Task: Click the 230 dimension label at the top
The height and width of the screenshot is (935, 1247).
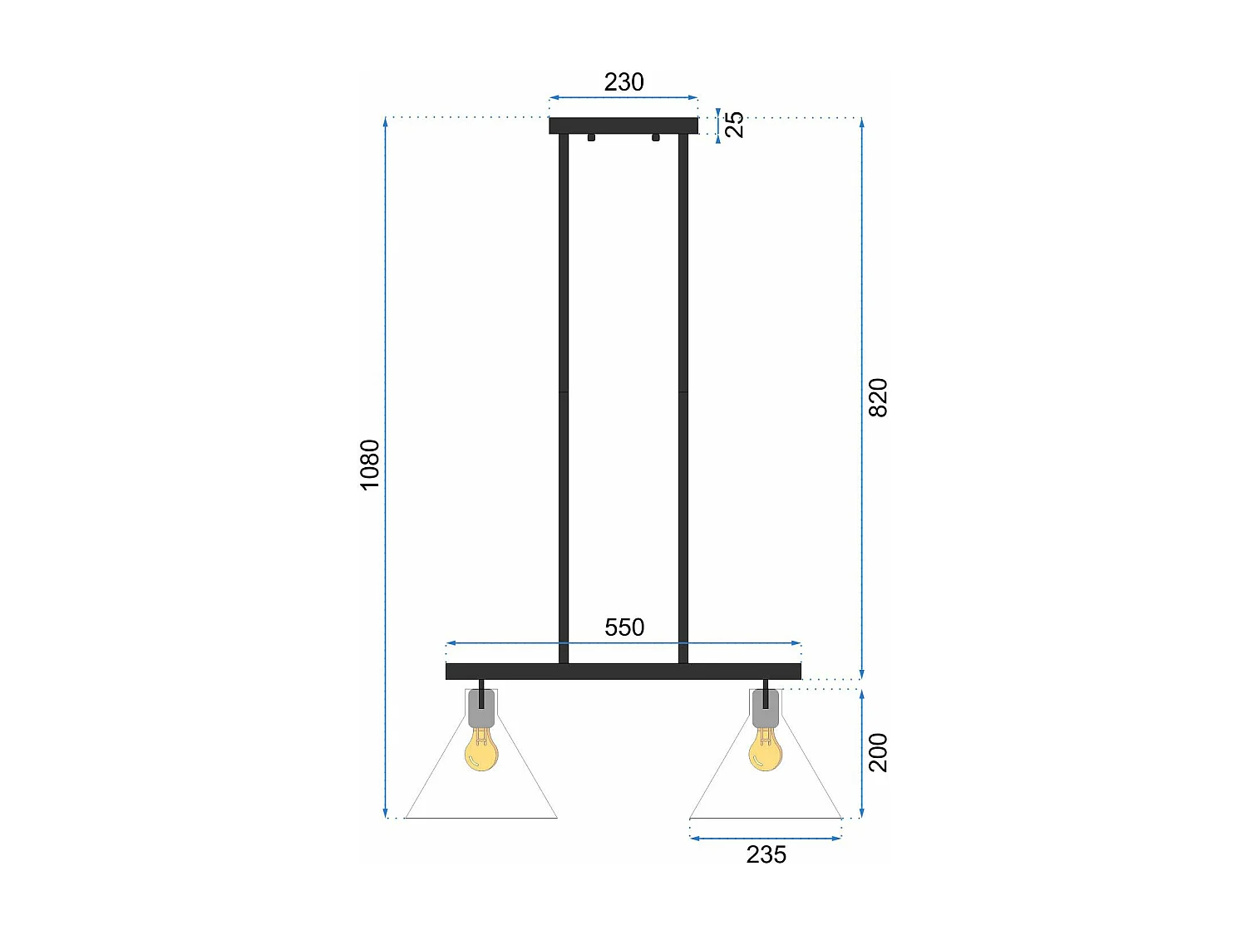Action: click(623, 81)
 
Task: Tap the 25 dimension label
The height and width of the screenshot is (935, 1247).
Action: click(735, 124)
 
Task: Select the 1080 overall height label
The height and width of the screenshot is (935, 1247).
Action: click(370, 465)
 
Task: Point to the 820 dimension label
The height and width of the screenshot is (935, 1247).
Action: click(878, 397)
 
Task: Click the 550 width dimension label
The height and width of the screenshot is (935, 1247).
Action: click(624, 627)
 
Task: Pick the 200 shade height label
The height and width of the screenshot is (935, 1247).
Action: click(878, 752)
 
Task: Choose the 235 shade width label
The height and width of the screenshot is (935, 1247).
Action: click(766, 854)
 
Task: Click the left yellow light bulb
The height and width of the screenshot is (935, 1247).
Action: click(481, 750)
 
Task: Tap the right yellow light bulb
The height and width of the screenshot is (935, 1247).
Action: click(766, 750)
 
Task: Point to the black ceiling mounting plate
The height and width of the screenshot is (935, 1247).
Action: click(623, 125)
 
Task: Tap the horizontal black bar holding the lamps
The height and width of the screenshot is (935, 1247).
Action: click(623, 672)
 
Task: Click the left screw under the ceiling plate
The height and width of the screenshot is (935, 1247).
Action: click(591, 137)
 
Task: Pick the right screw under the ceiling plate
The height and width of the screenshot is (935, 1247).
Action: click(656, 137)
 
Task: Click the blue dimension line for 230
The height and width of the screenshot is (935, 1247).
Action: click(623, 98)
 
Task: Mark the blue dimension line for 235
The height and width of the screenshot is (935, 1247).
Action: click(766, 839)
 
